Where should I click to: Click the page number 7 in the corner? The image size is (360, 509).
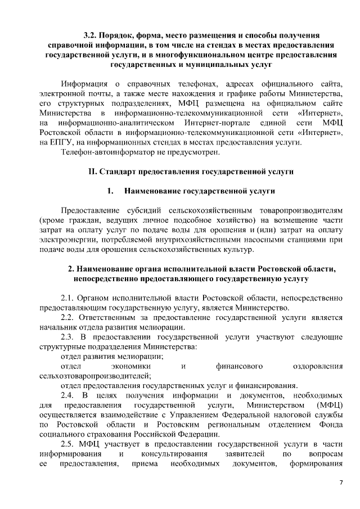(340, 483)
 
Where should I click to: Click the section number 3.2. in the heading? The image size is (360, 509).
(90, 35)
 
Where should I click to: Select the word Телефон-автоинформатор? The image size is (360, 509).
(105, 151)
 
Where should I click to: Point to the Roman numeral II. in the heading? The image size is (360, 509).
(95, 171)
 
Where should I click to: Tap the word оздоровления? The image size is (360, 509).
(318, 366)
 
